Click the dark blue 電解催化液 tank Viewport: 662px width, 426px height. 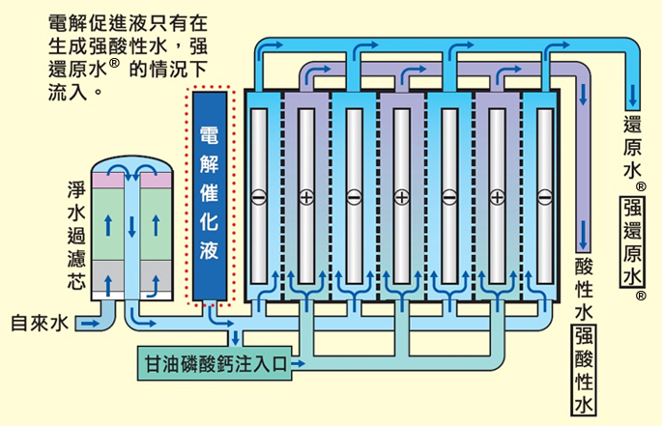coord(210,196)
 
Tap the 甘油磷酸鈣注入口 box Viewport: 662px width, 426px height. coord(215,363)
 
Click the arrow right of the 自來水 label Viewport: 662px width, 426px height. coord(90,324)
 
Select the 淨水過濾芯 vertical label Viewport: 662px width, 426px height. coord(76,235)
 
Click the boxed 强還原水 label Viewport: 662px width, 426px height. coord(632,241)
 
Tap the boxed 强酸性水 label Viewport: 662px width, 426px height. coord(584,370)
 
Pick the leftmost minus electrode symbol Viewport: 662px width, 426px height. coord(259,197)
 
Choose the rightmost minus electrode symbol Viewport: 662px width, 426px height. coord(545,197)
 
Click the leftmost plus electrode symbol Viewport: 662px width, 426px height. coord(306,197)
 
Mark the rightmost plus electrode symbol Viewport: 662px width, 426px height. coord(498,197)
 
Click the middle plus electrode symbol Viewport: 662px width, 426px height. coord(402,197)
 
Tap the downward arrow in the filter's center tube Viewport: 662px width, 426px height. coord(132,226)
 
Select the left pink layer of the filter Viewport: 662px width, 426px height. coord(108,181)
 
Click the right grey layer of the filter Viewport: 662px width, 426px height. coord(156,275)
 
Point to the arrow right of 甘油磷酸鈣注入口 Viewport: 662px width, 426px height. coord(298,363)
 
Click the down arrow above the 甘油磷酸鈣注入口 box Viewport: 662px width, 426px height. coord(235,337)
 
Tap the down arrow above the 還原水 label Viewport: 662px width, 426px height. coord(632,95)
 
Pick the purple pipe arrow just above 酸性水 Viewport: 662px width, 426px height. coord(583,235)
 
